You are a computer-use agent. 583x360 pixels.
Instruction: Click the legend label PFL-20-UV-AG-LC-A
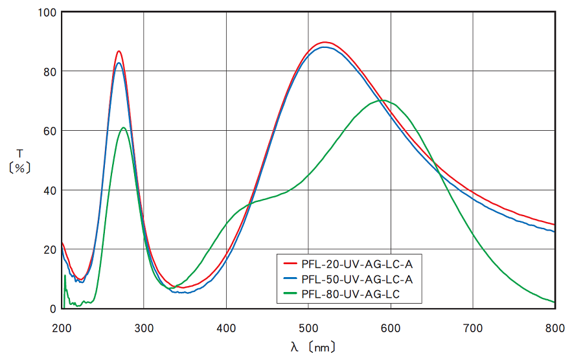(357, 264)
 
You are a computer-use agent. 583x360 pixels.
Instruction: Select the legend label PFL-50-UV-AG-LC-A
(357, 280)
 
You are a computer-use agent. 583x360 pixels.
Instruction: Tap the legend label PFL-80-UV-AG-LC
(352, 296)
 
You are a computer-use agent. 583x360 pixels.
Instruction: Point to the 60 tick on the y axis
(50, 131)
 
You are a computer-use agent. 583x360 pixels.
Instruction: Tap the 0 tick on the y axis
(53, 309)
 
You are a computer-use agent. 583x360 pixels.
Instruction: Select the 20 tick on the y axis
(50, 250)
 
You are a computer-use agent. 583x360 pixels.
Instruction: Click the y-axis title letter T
(19, 153)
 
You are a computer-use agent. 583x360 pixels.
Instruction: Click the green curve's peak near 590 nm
(383, 100)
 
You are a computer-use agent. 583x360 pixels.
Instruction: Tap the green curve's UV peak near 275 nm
(124, 128)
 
